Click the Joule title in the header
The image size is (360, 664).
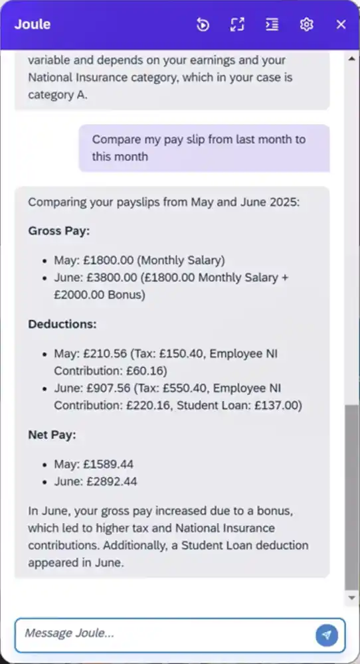click(x=33, y=25)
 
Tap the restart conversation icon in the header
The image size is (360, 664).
click(x=203, y=25)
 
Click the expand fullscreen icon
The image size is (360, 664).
click(x=237, y=25)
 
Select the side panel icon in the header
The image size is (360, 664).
click(x=272, y=25)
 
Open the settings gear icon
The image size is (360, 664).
click(x=306, y=25)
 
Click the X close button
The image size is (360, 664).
click(x=341, y=25)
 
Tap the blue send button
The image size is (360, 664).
click(x=326, y=635)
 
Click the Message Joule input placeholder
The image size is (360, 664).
click(x=65, y=633)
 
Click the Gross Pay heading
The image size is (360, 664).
click(x=59, y=231)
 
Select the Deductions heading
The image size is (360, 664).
click(x=62, y=325)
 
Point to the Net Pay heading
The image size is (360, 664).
click(x=52, y=435)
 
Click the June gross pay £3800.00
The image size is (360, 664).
click(x=110, y=277)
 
